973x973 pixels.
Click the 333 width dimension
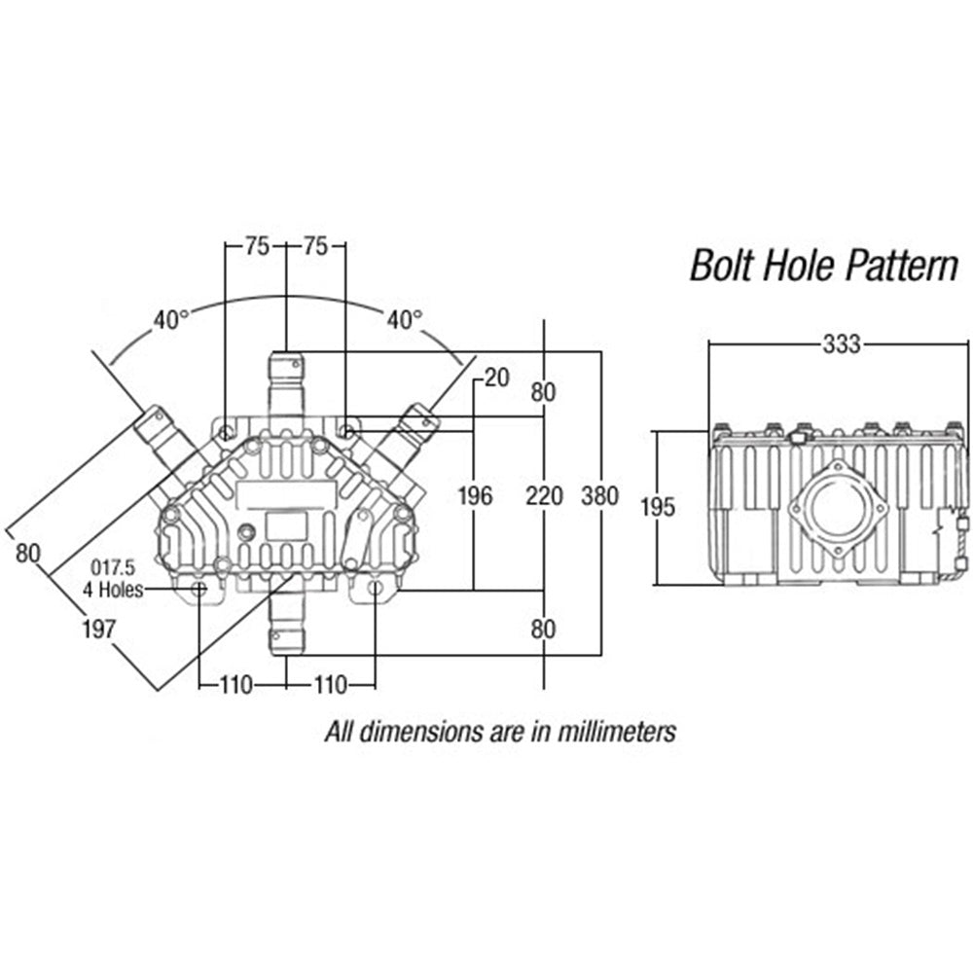click(x=841, y=343)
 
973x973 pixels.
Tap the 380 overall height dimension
click(x=599, y=496)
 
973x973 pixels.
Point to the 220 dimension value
click(x=544, y=496)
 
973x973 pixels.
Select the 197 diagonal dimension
click(x=98, y=628)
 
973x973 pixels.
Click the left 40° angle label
click(x=169, y=319)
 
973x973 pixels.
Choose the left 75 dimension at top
click(x=256, y=246)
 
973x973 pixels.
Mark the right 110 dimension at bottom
click(x=330, y=686)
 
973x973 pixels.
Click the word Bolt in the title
click(x=720, y=265)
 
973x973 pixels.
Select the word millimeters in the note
click(x=616, y=732)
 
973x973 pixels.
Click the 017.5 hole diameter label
click(x=112, y=566)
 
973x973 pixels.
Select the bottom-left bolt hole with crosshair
click(x=199, y=589)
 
